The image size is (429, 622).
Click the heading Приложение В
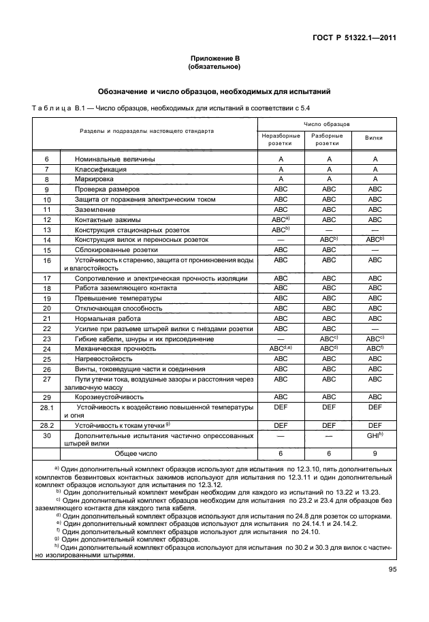[x=214, y=60]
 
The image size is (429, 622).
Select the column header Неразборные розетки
[x=281, y=140]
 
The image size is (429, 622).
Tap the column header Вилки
[x=373, y=137]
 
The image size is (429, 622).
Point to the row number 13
[x=47, y=230]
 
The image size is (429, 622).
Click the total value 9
[x=373, y=452]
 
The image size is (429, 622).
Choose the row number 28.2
[x=47, y=424]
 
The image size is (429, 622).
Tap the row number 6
[x=47, y=159]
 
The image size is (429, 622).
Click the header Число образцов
[x=327, y=125]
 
